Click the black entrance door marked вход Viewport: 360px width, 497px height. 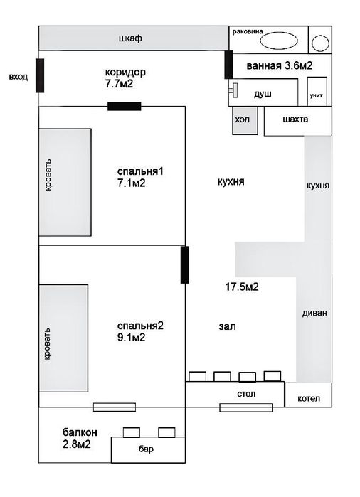point(40,75)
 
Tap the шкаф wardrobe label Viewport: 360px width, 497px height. point(130,38)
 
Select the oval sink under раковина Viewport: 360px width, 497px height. point(279,41)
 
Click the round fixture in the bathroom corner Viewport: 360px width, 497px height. point(320,43)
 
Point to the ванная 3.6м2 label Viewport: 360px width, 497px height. point(280,65)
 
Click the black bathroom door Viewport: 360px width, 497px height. point(228,64)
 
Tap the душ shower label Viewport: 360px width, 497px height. point(263,94)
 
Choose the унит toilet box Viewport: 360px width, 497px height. point(317,91)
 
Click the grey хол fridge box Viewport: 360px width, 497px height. point(245,120)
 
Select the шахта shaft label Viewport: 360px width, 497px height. point(295,119)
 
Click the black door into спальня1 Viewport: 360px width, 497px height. point(125,106)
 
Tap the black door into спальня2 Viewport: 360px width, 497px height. point(185,264)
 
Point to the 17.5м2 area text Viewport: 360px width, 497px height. point(242,287)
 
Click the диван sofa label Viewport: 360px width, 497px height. point(314,313)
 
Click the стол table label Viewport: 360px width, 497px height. point(246,394)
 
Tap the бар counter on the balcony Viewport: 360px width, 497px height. point(148,450)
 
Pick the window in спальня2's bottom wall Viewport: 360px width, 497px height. point(115,407)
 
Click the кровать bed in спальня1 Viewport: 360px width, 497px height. point(65,182)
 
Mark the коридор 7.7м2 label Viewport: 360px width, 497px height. point(125,78)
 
